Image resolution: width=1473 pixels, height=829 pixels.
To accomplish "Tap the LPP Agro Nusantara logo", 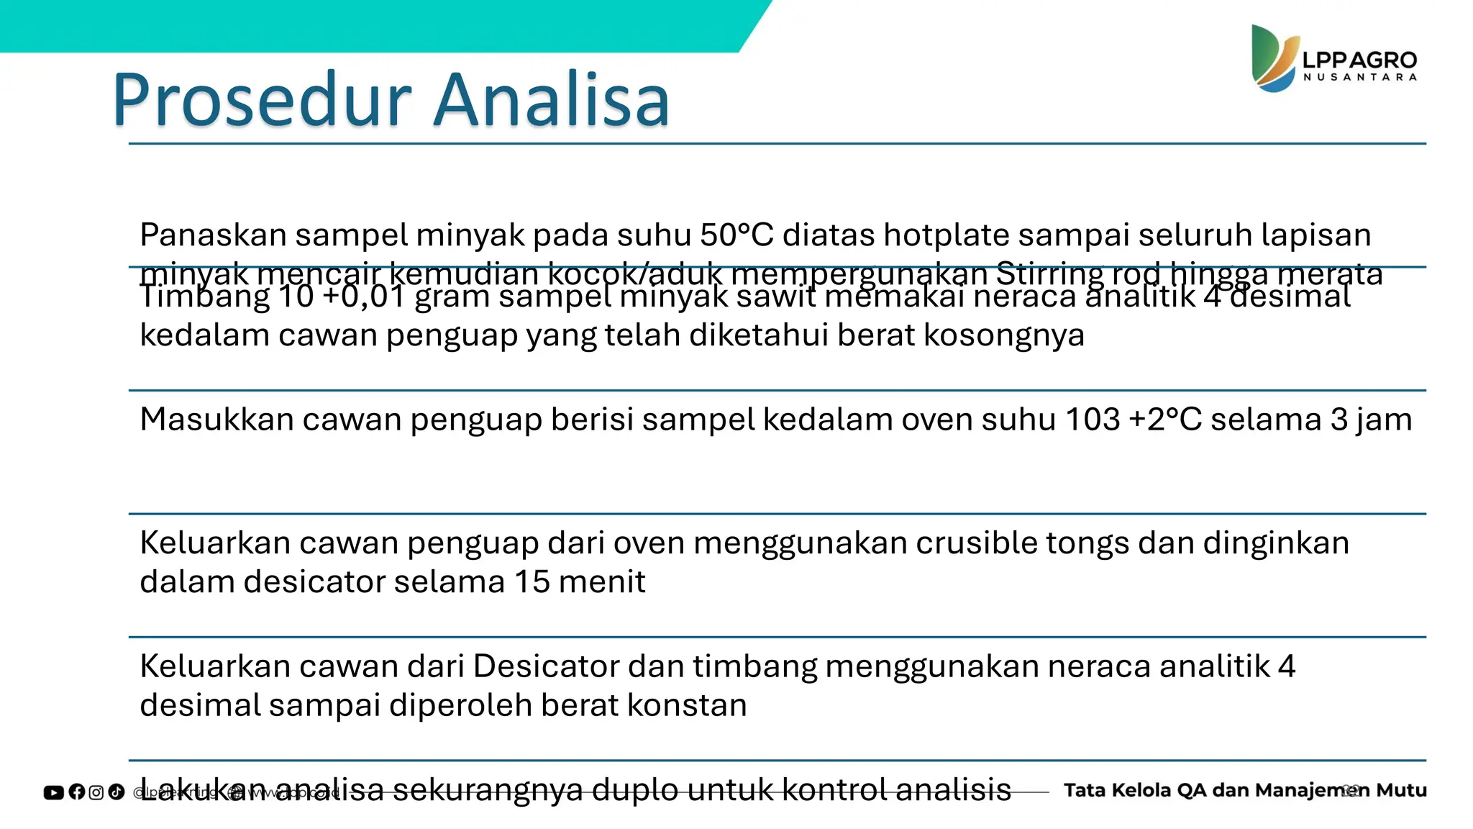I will [1334, 59].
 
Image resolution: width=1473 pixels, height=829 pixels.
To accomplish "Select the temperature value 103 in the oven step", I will [1093, 420].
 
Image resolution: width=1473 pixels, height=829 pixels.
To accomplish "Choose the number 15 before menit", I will [532, 582].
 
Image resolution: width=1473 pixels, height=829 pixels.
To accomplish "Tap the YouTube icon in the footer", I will [54, 792].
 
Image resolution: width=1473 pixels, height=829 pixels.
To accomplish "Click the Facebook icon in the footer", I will [76, 792].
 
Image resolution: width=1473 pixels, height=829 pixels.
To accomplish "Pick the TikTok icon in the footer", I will [117, 792].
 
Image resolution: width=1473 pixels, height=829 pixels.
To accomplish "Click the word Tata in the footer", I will [1085, 790].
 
